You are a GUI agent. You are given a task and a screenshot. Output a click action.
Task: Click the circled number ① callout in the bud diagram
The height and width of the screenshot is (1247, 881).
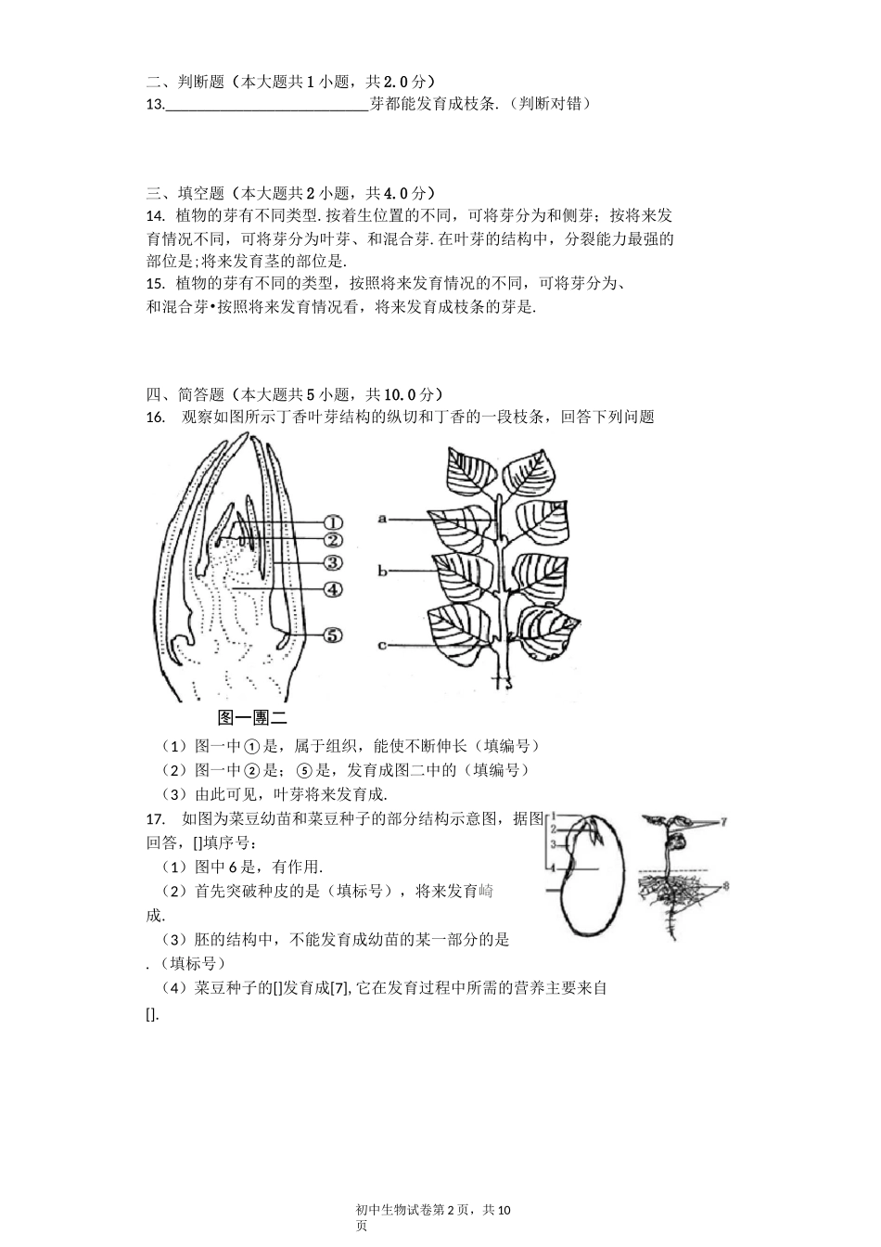[x=333, y=522]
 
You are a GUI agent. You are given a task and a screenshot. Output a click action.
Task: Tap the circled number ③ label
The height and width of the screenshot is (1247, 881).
[x=333, y=562]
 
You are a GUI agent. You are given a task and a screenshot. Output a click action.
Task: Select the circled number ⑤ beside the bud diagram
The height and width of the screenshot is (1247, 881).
[x=333, y=635]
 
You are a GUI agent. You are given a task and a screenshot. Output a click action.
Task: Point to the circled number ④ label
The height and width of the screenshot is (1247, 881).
[x=333, y=589]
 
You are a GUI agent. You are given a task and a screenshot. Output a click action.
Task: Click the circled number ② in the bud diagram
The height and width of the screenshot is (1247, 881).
[x=333, y=540]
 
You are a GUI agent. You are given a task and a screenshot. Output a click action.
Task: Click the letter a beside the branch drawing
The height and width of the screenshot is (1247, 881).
[x=383, y=520]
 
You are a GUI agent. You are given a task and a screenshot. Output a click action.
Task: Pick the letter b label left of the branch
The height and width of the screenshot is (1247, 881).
[x=382, y=572]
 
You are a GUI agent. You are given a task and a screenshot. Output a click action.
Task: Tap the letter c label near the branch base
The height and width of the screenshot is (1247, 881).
[x=382, y=645]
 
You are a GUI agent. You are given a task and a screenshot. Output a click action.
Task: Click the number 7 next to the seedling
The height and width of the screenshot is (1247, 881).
[x=723, y=822]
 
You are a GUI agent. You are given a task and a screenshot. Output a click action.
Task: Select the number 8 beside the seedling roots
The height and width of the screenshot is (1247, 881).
[x=725, y=887]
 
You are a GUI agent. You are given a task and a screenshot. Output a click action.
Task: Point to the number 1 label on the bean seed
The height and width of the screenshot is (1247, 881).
[x=553, y=816]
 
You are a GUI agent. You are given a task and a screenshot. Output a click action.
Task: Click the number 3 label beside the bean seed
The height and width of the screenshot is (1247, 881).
[x=553, y=845]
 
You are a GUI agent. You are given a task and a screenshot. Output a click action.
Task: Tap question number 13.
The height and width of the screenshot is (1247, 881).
[x=155, y=104]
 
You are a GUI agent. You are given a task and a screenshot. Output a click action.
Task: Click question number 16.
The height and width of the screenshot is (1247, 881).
[x=155, y=418]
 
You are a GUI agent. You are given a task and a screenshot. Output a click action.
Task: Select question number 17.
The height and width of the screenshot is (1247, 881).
[x=155, y=819]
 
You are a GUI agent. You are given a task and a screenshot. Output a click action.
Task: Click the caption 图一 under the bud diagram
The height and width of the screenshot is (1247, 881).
[x=230, y=717]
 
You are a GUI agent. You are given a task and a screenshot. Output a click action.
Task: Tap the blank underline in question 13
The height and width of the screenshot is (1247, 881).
[x=267, y=104]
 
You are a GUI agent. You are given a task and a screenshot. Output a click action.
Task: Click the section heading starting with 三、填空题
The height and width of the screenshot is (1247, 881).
[x=290, y=193]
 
